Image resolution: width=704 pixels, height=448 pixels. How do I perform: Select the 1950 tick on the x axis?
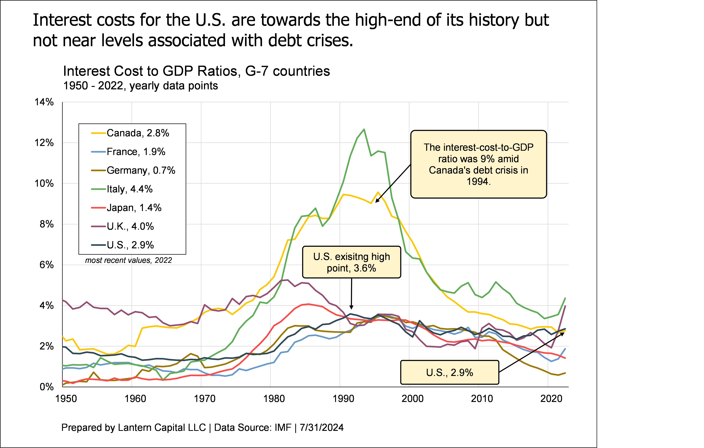click(66, 399)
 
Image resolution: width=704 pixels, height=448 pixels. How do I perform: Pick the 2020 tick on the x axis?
click(551, 399)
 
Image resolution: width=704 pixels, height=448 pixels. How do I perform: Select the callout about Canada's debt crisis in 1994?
click(478, 164)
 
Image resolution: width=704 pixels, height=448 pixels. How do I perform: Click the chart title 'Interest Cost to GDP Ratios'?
click(196, 71)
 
